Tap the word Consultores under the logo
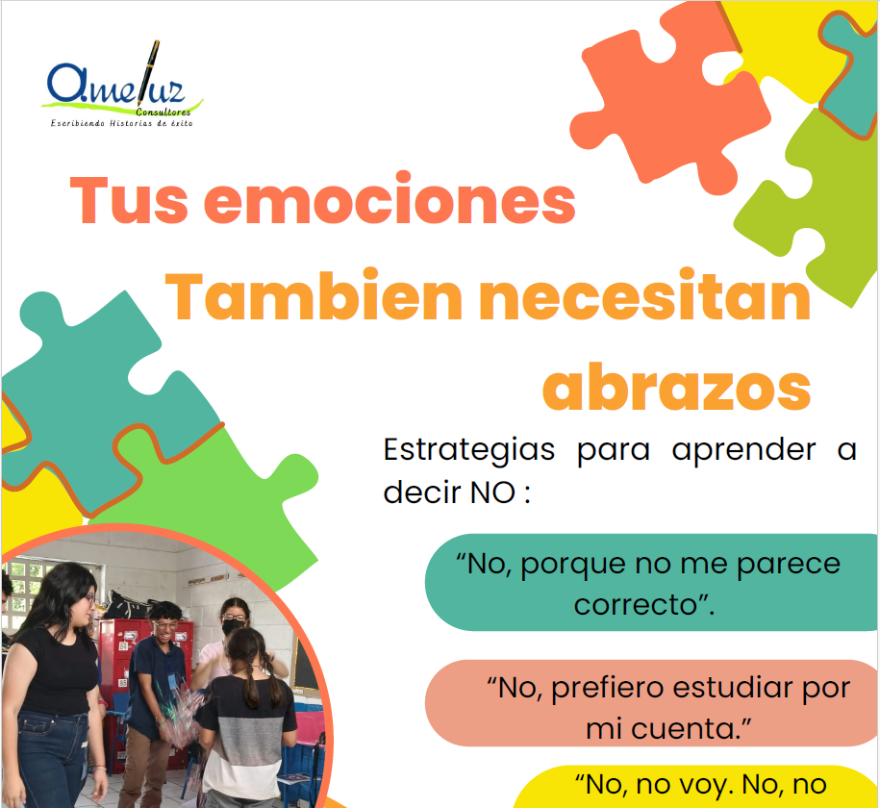(163, 112)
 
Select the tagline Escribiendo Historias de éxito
(122, 123)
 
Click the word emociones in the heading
(390, 200)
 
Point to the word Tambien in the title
(314, 296)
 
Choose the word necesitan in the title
(644, 296)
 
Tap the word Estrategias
(469, 449)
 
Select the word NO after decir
(492, 492)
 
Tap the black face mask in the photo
(233, 626)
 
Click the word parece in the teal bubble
(788, 565)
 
